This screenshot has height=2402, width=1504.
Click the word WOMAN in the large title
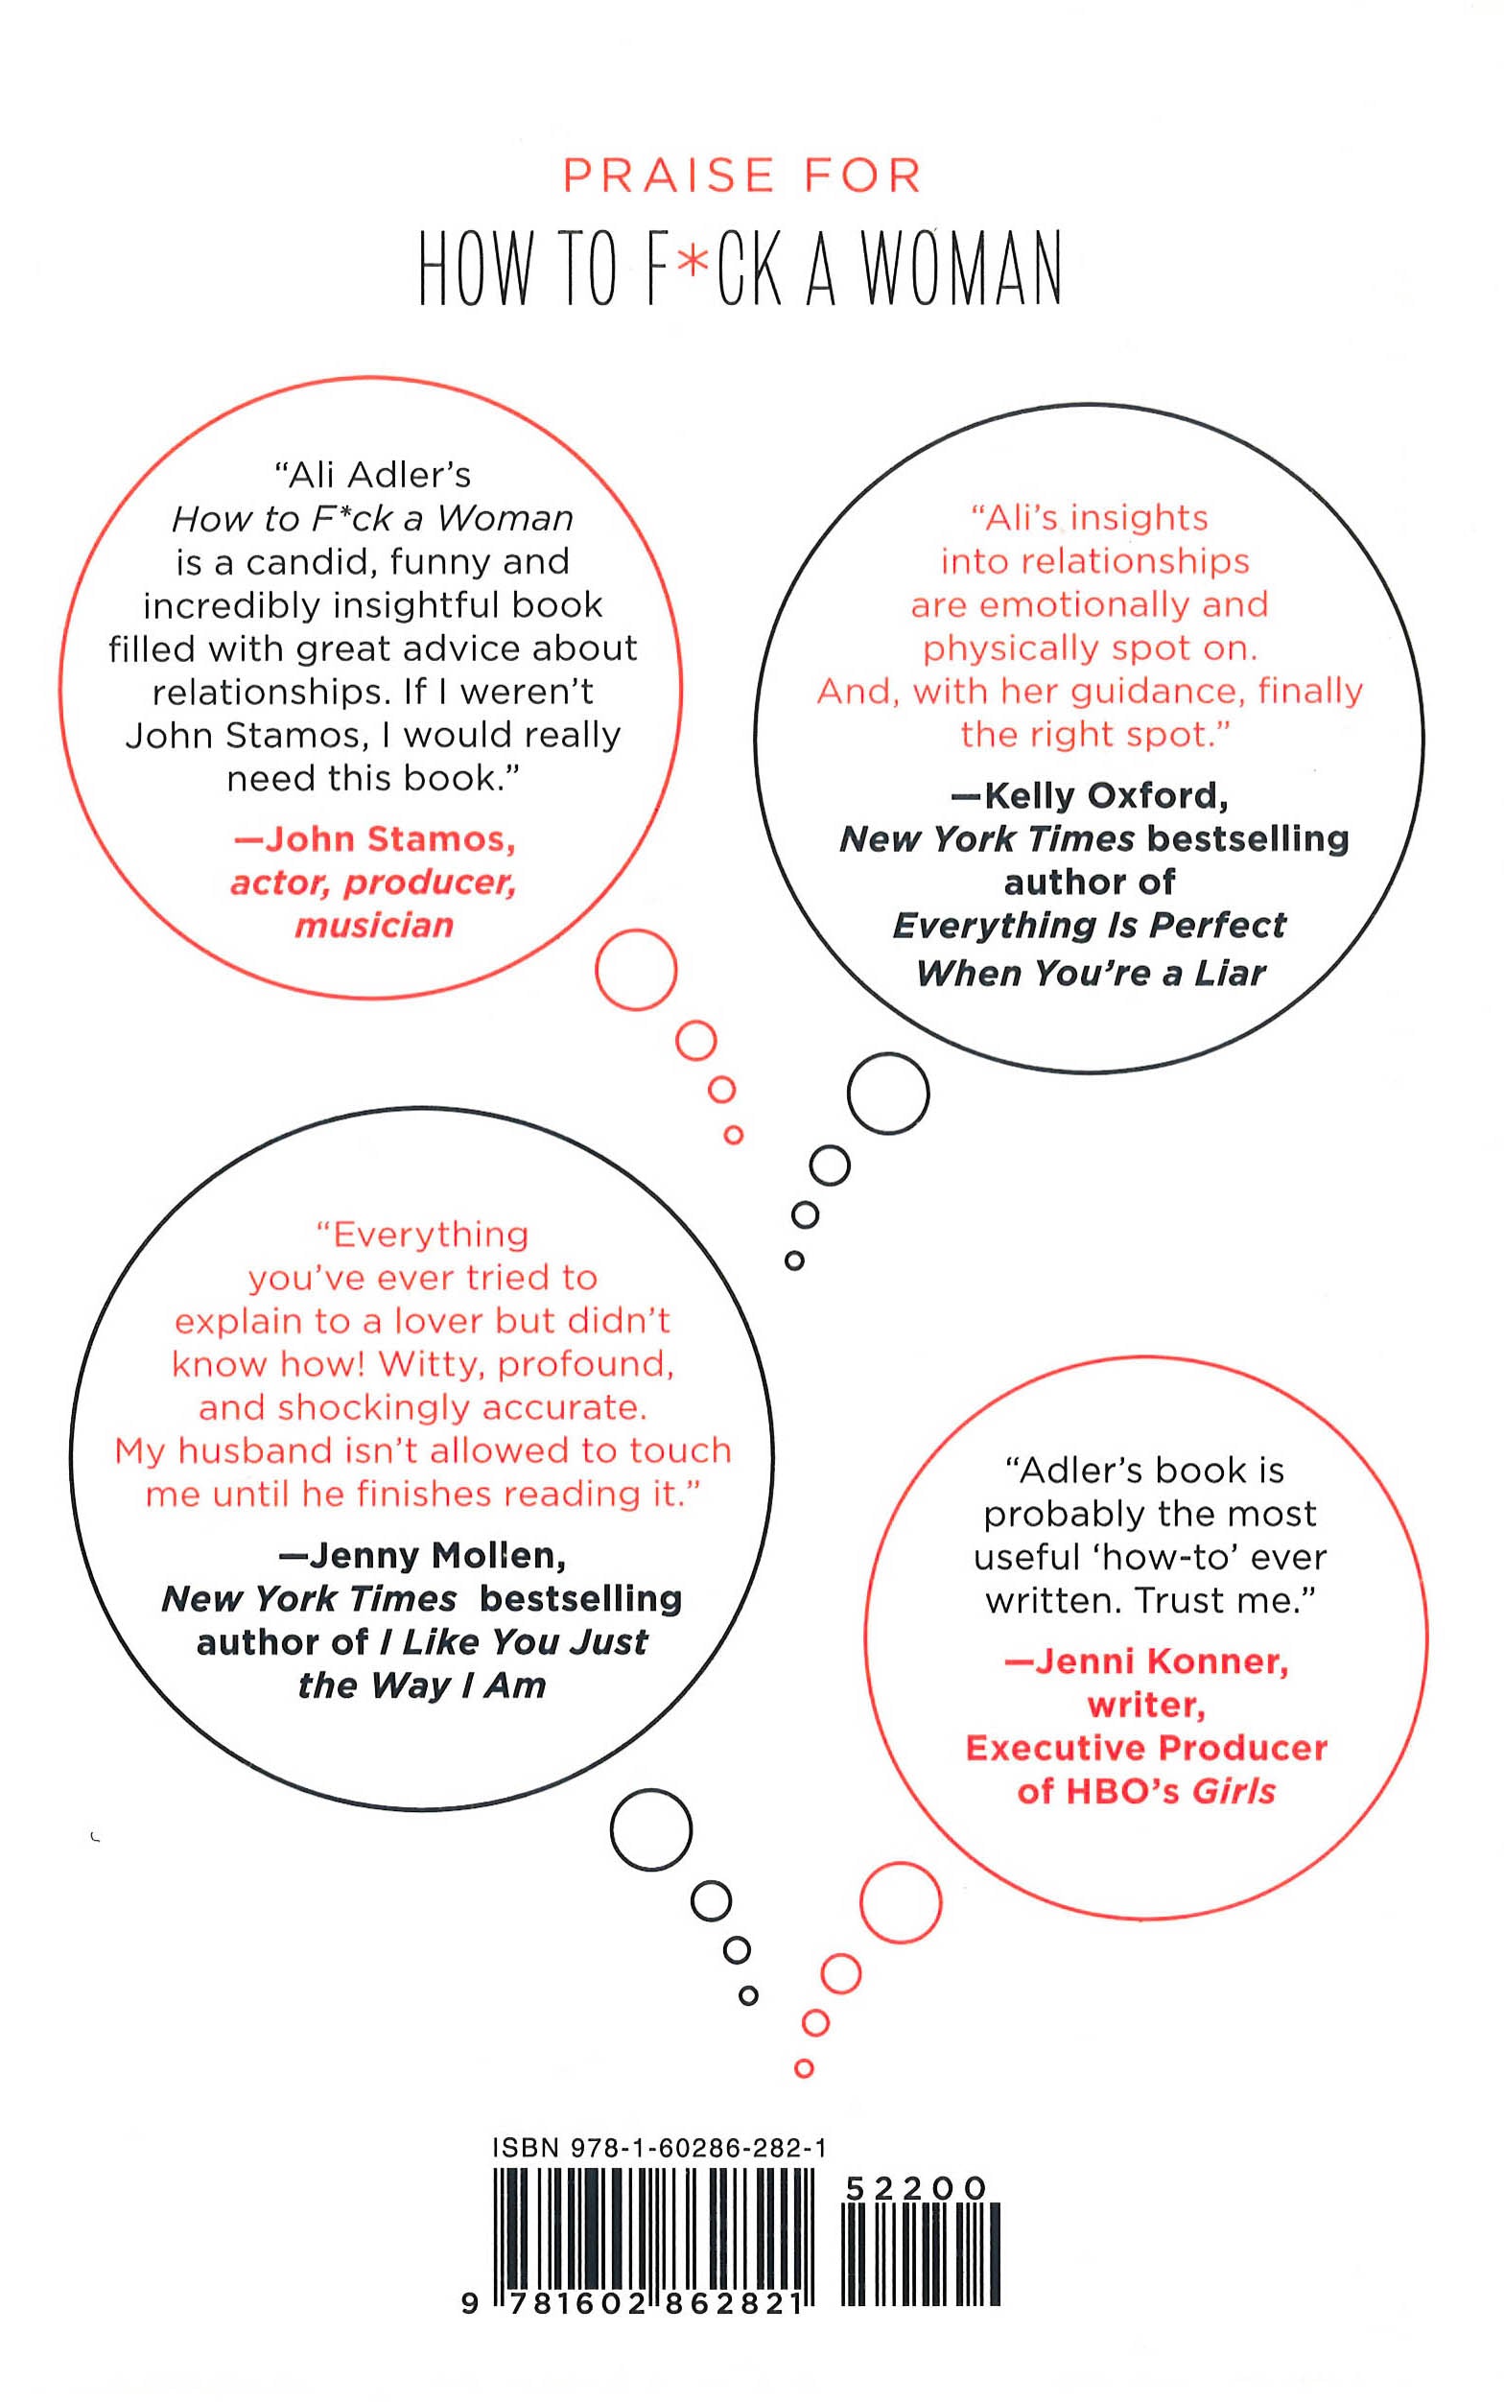961,269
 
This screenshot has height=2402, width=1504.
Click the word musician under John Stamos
374,926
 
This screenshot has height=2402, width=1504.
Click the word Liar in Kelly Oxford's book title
1231,972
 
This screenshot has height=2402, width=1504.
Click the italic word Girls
1234,1791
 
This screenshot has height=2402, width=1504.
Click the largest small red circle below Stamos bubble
637,970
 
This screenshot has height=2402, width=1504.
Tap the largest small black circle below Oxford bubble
888,1094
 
